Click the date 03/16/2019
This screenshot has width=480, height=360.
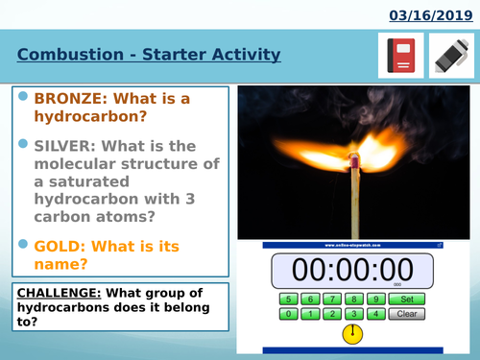pyautogui.click(x=430, y=14)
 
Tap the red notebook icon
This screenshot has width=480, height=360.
pyautogui.click(x=401, y=56)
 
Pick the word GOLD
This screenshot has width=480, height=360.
pyautogui.click(x=59, y=247)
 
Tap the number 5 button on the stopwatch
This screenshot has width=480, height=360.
pyautogui.click(x=287, y=299)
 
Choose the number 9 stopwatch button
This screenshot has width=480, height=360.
pyautogui.click(x=377, y=299)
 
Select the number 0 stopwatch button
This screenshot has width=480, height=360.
pyautogui.click(x=287, y=314)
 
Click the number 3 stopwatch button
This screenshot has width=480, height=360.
pyautogui.click(x=354, y=314)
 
